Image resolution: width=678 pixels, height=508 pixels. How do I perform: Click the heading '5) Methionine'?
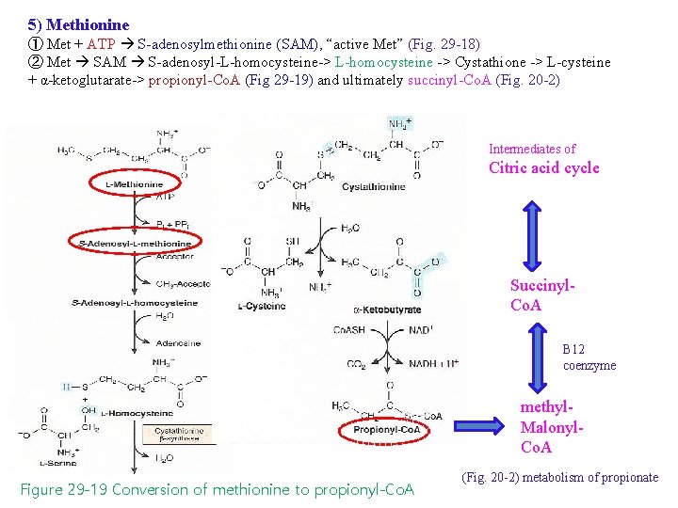tap(78, 24)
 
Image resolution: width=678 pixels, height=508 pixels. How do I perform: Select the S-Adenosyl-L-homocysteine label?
tap(121, 303)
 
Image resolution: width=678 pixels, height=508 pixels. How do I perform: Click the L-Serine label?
tap(57, 463)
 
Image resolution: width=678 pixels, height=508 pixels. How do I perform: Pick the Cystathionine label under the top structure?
tap(374, 186)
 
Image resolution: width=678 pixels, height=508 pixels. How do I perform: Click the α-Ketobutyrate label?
tap(387, 310)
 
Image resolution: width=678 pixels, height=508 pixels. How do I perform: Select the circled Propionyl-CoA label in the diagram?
tap(387, 429)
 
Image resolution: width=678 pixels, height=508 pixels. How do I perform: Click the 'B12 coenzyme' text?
tap(589, 357)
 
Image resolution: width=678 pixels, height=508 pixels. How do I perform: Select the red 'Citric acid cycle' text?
tap(543, 168)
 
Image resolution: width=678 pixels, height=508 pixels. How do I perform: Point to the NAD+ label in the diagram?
tap(421, 331)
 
